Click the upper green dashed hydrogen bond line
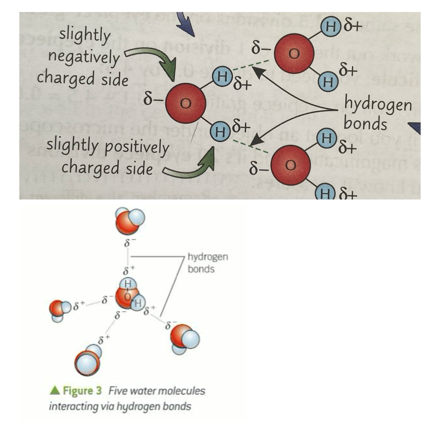(x=251, y=65)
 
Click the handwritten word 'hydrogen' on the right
(x=378, y=104)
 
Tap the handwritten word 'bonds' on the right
(x=365, y=123)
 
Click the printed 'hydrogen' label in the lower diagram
(x=208, y=257)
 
